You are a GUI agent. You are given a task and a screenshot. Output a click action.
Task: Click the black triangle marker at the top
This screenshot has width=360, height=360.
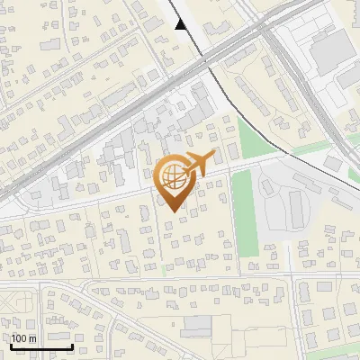[x=181, y=24]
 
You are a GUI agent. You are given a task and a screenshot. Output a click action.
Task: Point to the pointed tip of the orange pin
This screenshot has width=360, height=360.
[x=172, y=211]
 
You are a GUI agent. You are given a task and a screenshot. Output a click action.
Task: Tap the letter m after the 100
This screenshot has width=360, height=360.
[x=33, y=338]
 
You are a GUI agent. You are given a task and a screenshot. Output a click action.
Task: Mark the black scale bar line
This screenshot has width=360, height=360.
[x=41, y=346]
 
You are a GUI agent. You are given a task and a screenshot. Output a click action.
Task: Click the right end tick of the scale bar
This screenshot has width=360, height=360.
[x=72, y=344]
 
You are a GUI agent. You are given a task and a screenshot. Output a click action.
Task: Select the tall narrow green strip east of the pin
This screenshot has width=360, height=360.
[x=244, y=211]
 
